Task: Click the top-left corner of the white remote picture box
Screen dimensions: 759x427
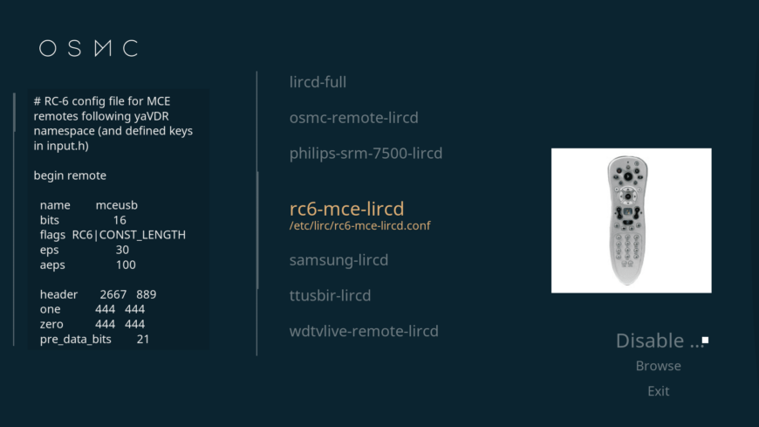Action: pos(551,148)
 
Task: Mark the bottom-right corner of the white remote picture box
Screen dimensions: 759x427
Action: pos(712,293)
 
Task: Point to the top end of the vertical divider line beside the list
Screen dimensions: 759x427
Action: pos(257,72)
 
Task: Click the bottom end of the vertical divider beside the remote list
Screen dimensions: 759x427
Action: pos(257,355)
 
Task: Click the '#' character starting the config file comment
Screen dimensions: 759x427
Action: pos(38,101)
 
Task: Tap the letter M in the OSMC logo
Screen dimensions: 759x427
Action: pos(103,49)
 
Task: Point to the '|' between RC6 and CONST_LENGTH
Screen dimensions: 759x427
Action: pos(96,235)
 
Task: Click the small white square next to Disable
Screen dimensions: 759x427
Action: pos(705,341)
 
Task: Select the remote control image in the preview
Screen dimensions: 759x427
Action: pos(627,221)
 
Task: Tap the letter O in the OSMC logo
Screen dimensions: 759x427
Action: pos(48,49)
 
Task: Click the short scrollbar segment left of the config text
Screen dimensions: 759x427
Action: pos(15,112)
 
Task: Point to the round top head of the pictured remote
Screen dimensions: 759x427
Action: pos(628,162)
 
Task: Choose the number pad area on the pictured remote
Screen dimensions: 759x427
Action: pos(627,247)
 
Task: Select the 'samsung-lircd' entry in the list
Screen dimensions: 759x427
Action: pos(338,260)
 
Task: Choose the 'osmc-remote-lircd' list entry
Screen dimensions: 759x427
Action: pos(354,117)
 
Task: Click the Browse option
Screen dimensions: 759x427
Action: pos(659,366)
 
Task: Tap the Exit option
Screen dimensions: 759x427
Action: pos(659,391)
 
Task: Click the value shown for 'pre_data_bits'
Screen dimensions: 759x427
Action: pos(143,340)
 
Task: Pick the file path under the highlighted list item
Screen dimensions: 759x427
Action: pos(359,226)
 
